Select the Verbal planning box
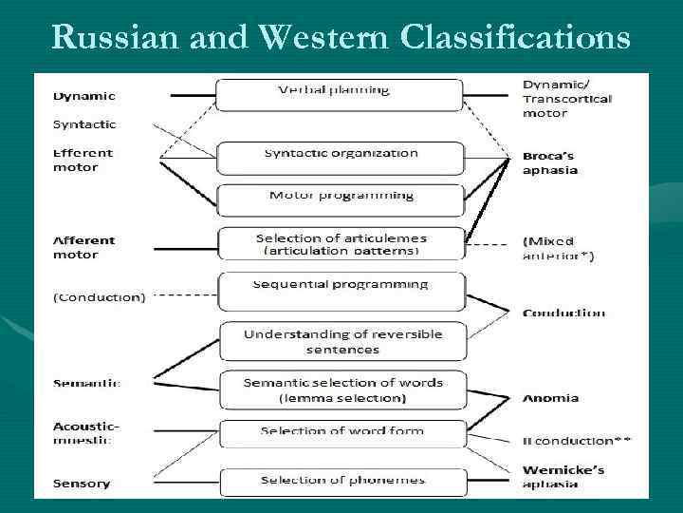pos(340,94)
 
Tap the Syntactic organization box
pos(341,157)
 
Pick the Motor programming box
pos(341,199)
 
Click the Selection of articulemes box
pos(341,244)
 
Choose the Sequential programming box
pos(341,289)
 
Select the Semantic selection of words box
pos(342,389)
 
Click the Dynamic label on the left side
pos(84,96)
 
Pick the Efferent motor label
pos(83,160)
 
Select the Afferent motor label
pos(83,247)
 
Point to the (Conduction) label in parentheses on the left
pos(100,296)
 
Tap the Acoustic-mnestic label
pos(83,433)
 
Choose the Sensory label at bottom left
pos(82,484)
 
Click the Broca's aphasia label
pos(550,162)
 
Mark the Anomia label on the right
pos(550,398)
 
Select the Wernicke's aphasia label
pos(564,476)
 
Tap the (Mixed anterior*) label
pos(558,249)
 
